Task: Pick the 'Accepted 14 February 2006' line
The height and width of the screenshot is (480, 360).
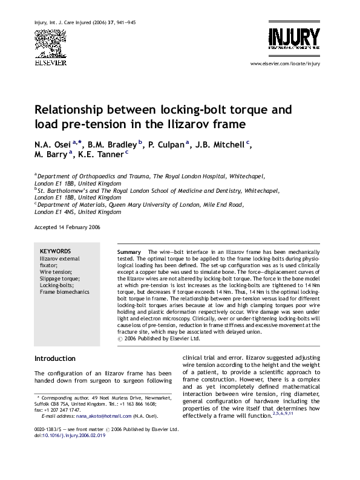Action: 67,227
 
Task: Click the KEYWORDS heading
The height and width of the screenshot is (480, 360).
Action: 55,251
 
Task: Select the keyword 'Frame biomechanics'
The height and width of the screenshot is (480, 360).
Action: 64,292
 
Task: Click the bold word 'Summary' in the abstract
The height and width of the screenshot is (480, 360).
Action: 128,251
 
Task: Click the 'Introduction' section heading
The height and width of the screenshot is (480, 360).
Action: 55,358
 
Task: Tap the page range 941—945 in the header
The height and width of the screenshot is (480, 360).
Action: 140,23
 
